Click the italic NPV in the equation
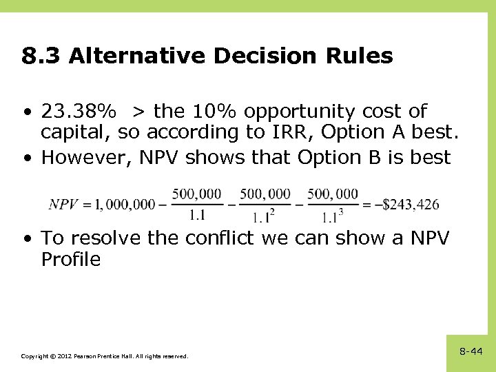65,205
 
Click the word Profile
71,260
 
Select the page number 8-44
471,351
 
